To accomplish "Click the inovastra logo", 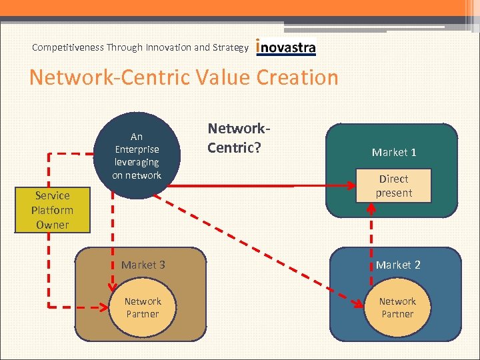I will click(x=286, y=47).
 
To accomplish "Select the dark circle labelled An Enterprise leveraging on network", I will click(x=137, y=155).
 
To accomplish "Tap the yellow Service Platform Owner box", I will click(x=53, y=210).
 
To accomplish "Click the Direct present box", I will click(x=394, y=186).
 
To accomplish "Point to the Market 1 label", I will click(x=394, y=153).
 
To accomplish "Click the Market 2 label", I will click(x=397, y=265).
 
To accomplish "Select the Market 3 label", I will click(x=143, y=265).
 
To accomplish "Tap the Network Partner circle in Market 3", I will click(x=142, y=308).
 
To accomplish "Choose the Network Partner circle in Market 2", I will click(x=397, y=308).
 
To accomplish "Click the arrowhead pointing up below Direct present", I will click(x=371, y=207).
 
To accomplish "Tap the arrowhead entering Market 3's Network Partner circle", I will click(x=103, y=307).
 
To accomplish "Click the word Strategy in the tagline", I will click(x=231, y=47).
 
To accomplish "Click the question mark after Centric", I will click(x=256, y=146).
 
